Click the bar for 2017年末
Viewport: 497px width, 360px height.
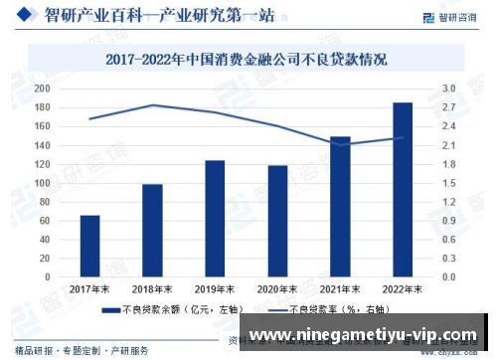click(89, 246)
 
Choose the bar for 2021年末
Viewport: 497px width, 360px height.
click(340, 207)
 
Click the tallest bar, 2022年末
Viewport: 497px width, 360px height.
click(403, 190)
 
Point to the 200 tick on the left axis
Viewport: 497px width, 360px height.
click(42, 89)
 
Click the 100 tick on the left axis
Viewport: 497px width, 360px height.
click(42, 183)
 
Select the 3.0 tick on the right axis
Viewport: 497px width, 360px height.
click(448, 89)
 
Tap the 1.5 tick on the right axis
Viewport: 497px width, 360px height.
click(448, 183)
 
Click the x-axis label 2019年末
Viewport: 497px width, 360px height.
click(215, 288)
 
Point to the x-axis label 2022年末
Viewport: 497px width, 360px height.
click(403, 288)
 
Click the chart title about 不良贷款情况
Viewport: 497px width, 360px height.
click(248, 59)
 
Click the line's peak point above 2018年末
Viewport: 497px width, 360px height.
click(152, 104)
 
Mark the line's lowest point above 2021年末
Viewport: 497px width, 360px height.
click(340, 144)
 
